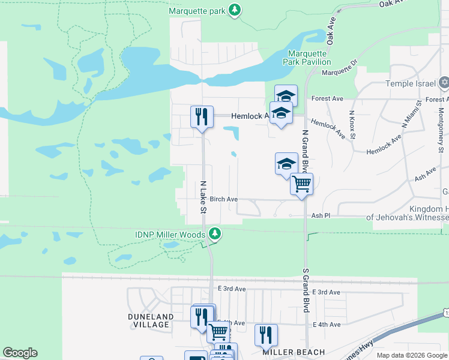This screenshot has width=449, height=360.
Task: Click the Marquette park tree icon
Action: (x=236, y=10)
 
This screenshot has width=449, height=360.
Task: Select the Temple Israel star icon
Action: (x=444, y=83)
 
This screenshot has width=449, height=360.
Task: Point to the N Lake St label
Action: (x=203, y=197)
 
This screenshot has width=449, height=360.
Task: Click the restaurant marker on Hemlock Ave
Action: (x=202, y=116)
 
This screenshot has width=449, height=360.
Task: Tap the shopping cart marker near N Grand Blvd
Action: (x=301, y=184)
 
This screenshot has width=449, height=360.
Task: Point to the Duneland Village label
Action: (x=151, y=320)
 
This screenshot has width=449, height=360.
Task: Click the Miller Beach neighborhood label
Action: (x=294, y=352)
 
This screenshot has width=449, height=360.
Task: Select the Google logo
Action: (x=20, y=353)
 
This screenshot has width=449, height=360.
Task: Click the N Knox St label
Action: (x=352, y=124)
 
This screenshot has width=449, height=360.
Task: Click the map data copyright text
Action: (x=411, y=355)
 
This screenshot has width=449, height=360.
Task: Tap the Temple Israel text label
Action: (x=411, y=83)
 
